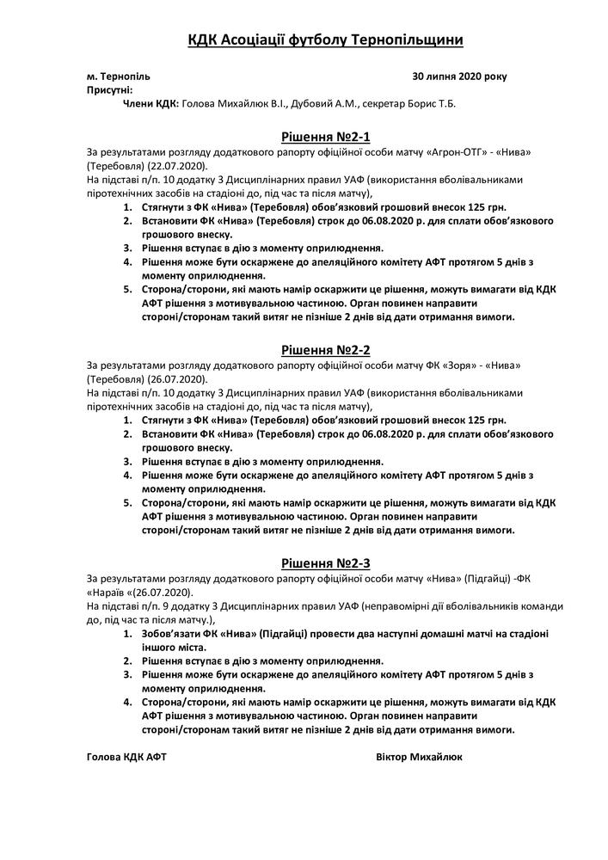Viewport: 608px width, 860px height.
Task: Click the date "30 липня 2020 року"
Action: pos(460,77)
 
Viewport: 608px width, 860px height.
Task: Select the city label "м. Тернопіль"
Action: pos(118,77)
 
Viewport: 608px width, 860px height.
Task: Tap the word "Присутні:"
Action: pos(109,89)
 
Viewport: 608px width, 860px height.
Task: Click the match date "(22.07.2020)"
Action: pos(176,164)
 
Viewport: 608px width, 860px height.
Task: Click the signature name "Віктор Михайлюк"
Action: pos(419,758)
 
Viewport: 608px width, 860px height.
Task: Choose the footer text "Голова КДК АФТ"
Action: pos(126,758)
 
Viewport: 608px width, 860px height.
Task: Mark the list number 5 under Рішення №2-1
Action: pos(126,289)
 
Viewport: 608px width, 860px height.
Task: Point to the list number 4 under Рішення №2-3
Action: pos(126,703)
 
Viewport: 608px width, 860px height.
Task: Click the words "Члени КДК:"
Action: pos(152,103)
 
